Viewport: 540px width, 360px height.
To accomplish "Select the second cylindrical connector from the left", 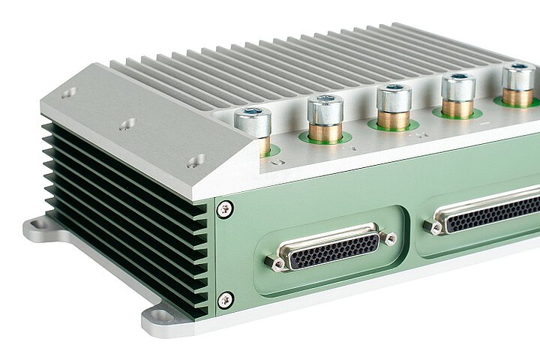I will point(325,111).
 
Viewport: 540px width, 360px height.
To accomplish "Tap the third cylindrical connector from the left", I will point(393,99).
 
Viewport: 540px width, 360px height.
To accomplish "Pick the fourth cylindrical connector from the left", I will point(457,88).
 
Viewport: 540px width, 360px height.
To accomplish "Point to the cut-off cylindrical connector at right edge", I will point(519,79).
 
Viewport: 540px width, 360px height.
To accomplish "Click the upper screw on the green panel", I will point(224,209).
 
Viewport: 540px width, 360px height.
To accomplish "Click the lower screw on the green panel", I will point(224,300).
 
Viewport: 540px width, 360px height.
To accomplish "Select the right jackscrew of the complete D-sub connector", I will point(388,238).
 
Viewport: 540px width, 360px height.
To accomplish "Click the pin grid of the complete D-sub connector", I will point(334,250).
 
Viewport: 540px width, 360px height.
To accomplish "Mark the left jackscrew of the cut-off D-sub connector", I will point(433,225).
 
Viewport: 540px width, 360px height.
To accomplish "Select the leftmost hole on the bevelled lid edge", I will point(68,94).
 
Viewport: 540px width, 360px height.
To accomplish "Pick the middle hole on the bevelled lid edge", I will point(127,124).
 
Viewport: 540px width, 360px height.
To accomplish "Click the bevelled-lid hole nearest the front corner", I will point(198,159).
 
